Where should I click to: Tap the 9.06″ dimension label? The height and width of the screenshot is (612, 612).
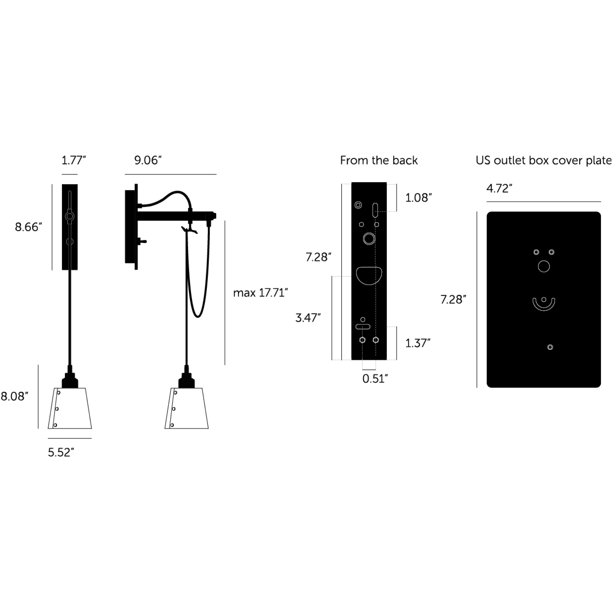pos(148,160)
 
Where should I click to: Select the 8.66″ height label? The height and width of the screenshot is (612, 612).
pos(29,227)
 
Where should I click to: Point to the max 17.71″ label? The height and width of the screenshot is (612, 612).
pos(260,293)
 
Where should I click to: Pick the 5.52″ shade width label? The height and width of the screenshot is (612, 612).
pos(61,452)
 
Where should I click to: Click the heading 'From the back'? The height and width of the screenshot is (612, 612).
pos(379,160)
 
